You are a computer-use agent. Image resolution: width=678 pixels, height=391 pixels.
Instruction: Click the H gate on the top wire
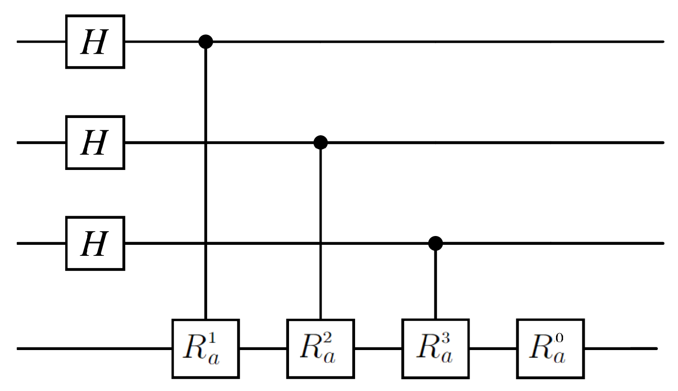pyautogui.click(x=95, y=42)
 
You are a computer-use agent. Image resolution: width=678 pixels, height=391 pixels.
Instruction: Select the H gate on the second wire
pyautogui.click(x=95, y=142)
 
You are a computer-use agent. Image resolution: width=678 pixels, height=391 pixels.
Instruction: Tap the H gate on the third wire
pyautogui.click(x=95, y=243)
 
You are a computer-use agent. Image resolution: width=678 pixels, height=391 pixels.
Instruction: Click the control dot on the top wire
pyautogui.click(x=206, y=42)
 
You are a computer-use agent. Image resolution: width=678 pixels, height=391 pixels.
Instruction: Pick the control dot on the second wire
pyautogui.click(x=321, y=142)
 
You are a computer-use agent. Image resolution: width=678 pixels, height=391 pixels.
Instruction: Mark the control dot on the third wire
pyautogui.click(x=436, y=243)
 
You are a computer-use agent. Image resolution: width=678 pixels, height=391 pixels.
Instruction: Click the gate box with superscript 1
pyautogui.click(x=205, y=348)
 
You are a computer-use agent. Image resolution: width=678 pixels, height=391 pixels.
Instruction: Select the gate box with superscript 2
pyautogui.click(x=320, y=348)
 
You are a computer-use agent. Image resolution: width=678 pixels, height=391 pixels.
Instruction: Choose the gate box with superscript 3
pyautogui.click(x=435, y=348)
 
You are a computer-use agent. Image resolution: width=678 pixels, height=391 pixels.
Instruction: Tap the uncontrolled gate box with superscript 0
pyautogui.click(x=550, y=348)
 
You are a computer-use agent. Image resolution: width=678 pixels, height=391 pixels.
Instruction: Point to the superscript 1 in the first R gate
pyautogui.click(x=214, y=339)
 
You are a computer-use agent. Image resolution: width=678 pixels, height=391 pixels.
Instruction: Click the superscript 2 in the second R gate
pyautogui.click(x=329, y=339)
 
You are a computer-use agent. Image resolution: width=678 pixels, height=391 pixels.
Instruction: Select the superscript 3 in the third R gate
pyautogui.click(x=444, y=339)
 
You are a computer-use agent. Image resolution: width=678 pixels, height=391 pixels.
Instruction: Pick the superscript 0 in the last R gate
pyautogui.click(x=559, y=339)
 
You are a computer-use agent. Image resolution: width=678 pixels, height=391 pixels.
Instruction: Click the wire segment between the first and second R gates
pyautogui.click(x=263, y=348)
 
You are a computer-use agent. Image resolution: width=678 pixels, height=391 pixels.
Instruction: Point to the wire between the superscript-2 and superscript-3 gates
pyautogui.click(x=378, y=348)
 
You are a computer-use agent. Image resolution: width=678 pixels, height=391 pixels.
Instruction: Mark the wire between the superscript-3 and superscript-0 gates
pyautogui.click(x=493, y=348)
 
